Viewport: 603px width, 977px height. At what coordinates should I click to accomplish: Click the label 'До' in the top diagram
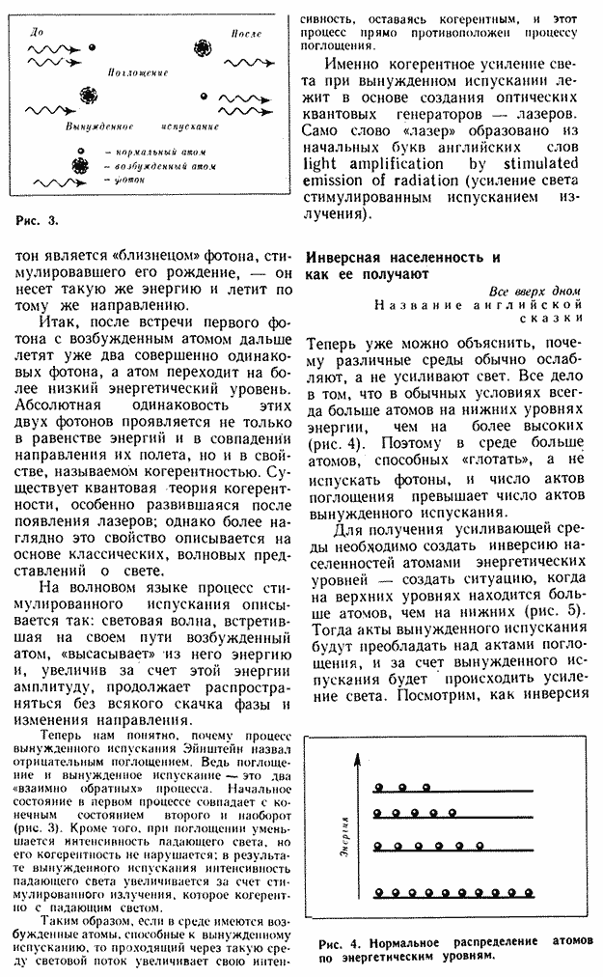click(x=37, y=32)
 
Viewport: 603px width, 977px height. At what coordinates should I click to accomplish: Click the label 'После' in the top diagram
click(x=245, y=34)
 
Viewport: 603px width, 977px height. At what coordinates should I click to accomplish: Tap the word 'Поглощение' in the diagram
click(x=139, y=73)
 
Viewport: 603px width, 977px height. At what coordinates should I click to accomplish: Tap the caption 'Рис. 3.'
click(x=38, y=220)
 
